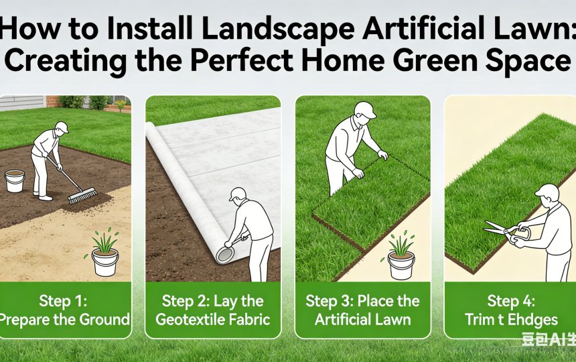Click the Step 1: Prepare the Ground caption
[x=65, y=309]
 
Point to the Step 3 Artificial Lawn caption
[x=362, y=309]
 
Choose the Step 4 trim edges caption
[x=511, y=309]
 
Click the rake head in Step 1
[x=82, y=195]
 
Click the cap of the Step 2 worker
[x=237, y=193]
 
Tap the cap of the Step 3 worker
[x=365, y=109]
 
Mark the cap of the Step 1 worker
[x=62, y=125]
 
